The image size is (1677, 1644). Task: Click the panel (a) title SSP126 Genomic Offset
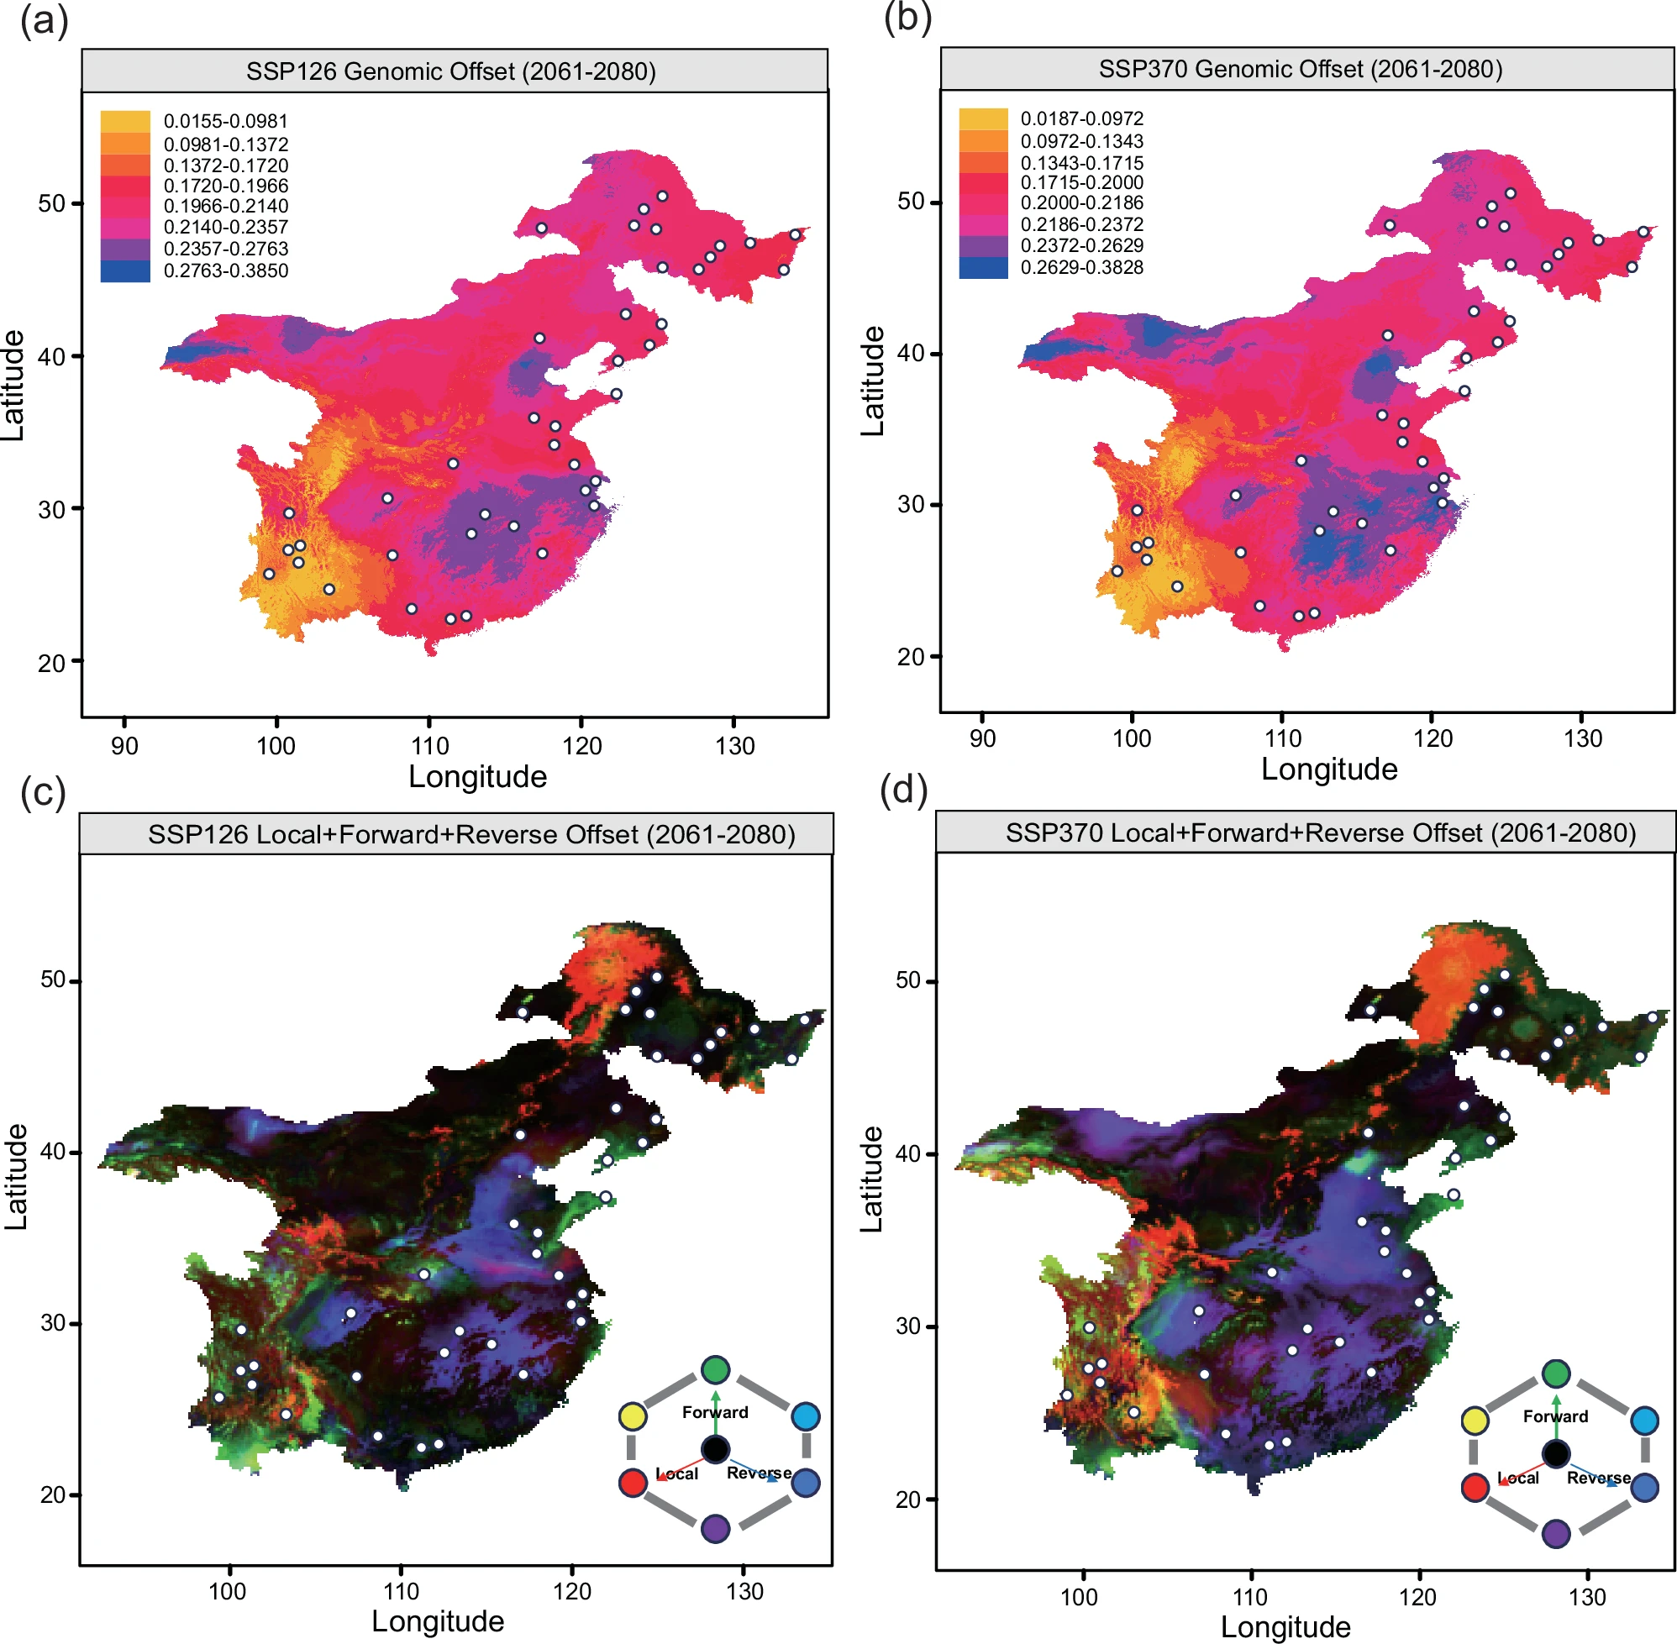point(451,71)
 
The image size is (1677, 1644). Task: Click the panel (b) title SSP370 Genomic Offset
point(1300,69)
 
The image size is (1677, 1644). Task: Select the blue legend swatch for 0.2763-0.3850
point(125,270)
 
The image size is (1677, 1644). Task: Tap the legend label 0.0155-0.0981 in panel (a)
point(225,122)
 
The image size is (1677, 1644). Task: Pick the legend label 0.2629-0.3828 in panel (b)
point(1081,268)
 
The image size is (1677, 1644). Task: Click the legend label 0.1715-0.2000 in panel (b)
point(1081,183)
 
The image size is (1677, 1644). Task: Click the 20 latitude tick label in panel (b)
point(910,657)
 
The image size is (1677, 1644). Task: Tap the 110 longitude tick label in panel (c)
point(401,1590)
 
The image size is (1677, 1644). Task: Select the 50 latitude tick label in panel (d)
point(907,980)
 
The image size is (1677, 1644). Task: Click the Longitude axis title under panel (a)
point(476,776)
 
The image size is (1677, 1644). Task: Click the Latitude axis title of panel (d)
point(871,1179)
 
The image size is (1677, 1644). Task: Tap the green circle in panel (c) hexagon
point(715,1369)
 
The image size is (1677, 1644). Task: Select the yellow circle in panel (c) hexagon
point(632,1416)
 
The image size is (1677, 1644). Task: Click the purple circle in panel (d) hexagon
point(1555,1533)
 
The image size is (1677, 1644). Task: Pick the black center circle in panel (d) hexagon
point(1555,1454)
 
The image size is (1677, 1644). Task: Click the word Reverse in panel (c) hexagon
point(758,1473)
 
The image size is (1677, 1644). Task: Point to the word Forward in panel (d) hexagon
point(1555,1416)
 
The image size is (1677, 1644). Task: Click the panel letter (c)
point(43,790)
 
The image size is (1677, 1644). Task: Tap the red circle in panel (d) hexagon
point(1474,1487)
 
